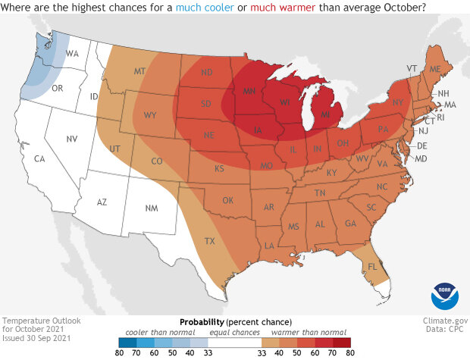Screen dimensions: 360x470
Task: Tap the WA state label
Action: (73, 54)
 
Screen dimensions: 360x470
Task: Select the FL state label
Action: (371, 267)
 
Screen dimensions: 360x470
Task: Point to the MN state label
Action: (249, 91)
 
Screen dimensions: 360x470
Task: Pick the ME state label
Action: (435, 69)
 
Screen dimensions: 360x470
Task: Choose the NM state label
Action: (151, 207)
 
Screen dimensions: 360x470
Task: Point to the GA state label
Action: (350, 224)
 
